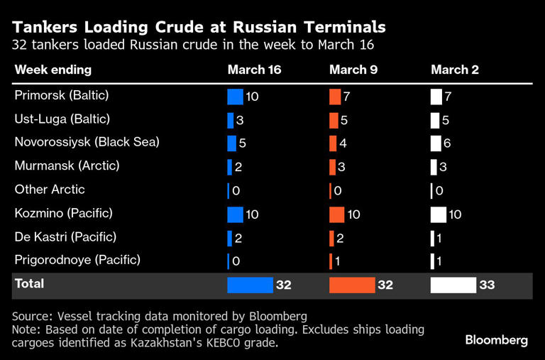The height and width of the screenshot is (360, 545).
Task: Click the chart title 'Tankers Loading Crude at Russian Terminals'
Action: (199, 27)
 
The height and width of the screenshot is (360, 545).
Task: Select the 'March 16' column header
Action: (254, 70)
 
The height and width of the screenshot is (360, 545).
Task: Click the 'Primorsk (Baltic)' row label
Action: (62, 95)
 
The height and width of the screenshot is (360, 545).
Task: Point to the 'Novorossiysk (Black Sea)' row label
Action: (87, 142)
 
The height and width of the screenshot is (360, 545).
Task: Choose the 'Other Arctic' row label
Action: (50, 190)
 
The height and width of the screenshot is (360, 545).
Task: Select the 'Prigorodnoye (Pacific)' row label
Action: (77, 260)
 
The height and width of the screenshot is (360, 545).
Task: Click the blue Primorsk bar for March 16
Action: (235, 97)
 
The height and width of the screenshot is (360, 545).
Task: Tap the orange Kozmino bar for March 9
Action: (336, 214)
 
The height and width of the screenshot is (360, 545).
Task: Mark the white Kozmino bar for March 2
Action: (438, 214)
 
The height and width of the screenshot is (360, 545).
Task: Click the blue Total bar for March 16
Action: (250, 285)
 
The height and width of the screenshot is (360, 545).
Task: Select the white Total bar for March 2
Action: (453, 285)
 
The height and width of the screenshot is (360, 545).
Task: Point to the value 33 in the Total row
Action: (487, 285)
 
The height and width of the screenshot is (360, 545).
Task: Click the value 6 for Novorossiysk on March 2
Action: (446, 143)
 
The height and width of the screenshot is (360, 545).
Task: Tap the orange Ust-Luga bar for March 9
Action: (334, 120)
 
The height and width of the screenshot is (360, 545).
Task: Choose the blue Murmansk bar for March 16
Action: (230, 167)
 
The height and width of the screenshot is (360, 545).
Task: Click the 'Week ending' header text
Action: (53, 70)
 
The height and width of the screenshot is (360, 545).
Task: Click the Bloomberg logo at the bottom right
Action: (496, 340)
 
